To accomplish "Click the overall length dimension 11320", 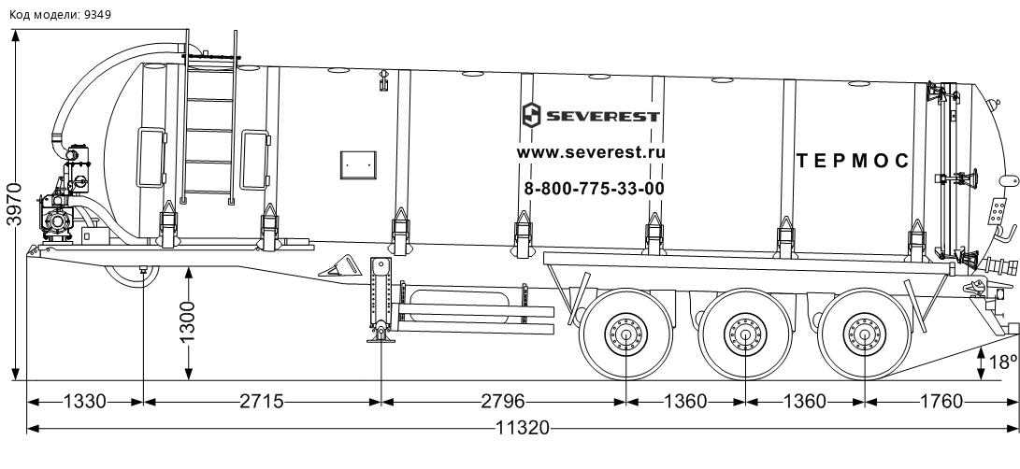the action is coord(523,429).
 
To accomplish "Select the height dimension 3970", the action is coord(14,205).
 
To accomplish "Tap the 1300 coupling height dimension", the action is coord(188,322).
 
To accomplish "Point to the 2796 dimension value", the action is coord(503,402).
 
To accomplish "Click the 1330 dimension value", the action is coord(84,402).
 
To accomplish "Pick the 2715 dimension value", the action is coord(262,402).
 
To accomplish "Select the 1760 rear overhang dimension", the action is coord(941,402).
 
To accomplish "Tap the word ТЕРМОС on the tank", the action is coord(853,161).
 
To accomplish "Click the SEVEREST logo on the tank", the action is coord(591,116).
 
